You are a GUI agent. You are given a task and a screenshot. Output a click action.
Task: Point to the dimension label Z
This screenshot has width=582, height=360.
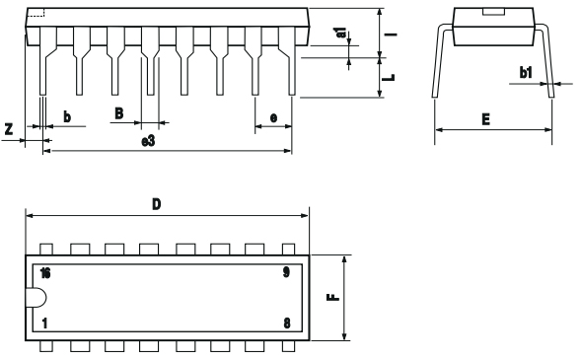(9, 129)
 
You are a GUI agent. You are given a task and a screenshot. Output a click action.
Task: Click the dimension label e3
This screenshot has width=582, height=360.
(148, 142)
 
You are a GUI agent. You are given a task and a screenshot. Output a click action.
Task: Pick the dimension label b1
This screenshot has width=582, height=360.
(526, 73)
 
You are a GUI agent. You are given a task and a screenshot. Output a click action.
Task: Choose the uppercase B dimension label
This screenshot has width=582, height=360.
(118, 113)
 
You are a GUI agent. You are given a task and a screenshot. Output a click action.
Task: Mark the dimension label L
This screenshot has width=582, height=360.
(392, 75)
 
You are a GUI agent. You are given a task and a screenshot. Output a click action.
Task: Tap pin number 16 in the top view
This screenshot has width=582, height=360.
(45, 271)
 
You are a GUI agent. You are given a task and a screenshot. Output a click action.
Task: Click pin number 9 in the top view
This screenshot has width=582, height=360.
(285, 271)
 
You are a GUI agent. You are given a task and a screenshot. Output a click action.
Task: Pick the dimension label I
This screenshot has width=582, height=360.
(393, 34)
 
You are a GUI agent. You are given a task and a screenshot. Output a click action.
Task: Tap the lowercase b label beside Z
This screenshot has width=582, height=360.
(67, 117)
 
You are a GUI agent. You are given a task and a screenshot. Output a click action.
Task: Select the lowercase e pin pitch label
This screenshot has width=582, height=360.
(273, 117)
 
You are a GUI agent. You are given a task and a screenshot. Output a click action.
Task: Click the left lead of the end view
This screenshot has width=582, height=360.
(436, 61)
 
